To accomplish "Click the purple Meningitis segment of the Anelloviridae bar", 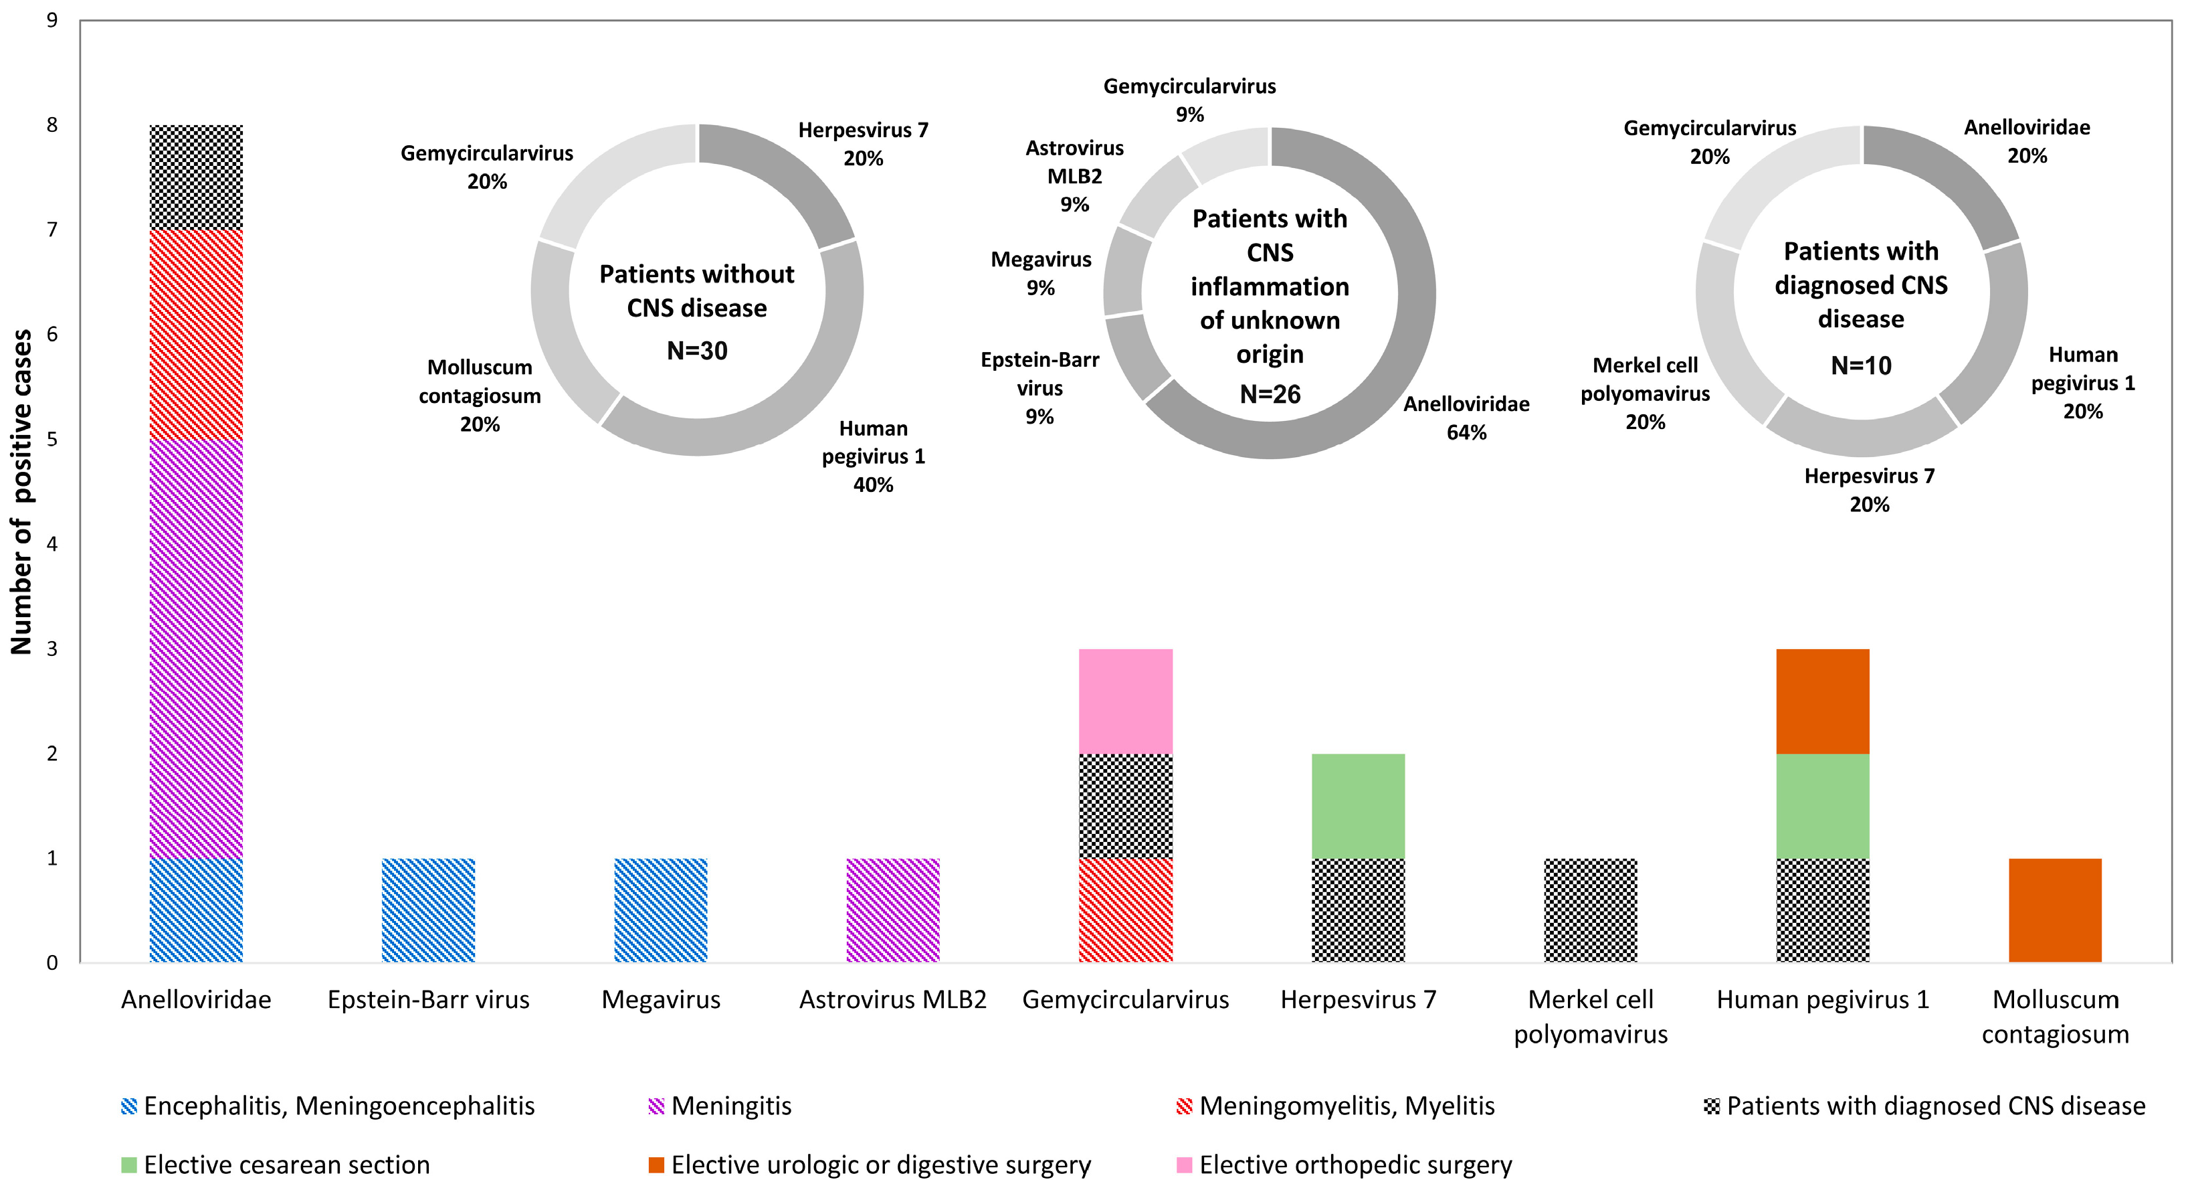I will point(196,649).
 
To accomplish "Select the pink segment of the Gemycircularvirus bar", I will point(1125,701).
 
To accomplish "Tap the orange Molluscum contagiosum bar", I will point(2054,910).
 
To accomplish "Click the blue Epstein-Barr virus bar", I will point(429,910).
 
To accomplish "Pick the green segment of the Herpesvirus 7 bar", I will point(1358,806).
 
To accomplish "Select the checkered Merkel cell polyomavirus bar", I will point(1590,910).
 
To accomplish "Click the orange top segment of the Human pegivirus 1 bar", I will point(1822,701).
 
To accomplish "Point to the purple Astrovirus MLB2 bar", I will point(893,910).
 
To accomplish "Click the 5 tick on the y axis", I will point(53,439).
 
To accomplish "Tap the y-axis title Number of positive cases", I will point(21,493).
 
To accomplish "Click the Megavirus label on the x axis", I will point(660,1000).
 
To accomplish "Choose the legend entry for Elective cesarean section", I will point(286,1165).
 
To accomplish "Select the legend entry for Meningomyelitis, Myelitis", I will point(1346,1106).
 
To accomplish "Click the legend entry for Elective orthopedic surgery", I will point(1355,1165).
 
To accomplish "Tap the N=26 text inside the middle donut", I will point(1270,394).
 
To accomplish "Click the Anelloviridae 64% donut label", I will point(1466,418).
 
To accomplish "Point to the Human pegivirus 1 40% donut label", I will point(873,456).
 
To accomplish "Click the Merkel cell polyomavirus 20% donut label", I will point(1645,393).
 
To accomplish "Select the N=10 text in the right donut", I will point(1861,366).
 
